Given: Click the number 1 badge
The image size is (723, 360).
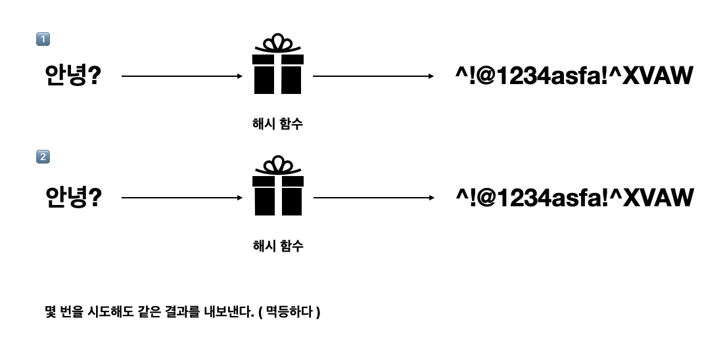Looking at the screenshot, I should pos(43,39).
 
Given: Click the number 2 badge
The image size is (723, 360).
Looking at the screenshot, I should pos(43,157).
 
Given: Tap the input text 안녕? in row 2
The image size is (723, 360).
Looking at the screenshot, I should pos(73,197).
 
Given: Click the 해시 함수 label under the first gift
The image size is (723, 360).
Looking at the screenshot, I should pos(277,124).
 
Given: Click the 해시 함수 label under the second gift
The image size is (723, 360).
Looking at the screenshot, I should pos(277,246).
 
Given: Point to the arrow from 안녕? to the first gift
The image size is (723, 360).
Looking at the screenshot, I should pos(182,76).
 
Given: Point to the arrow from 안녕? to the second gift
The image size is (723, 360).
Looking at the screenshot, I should pos(182,197).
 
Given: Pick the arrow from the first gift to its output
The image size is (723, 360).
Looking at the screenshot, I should pos(373,76).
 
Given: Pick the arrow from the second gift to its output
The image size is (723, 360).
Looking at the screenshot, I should pos(373,197).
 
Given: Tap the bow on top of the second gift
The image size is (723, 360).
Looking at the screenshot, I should pos(277,165).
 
